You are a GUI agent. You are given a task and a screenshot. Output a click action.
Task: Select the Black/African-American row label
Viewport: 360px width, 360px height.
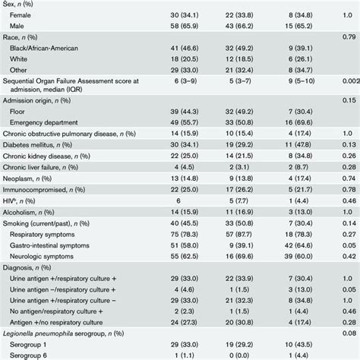[52, 47]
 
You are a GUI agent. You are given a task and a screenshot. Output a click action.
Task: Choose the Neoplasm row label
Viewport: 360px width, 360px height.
[29, 182]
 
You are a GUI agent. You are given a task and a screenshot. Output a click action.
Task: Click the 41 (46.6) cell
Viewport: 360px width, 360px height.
[166, 47]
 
